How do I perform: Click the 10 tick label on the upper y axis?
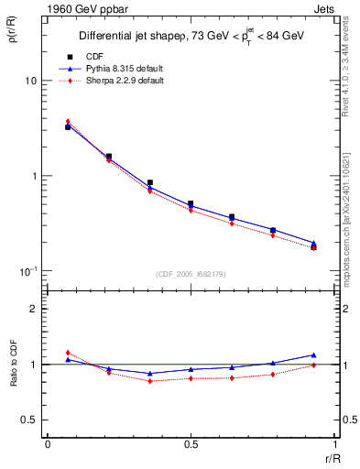tap(30, 81)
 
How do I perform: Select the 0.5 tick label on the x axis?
tap(190, 445)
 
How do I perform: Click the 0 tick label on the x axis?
tap(47, 445)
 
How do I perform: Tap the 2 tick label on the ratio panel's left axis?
tap(34, 309)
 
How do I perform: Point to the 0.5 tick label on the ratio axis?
tap(29, 420)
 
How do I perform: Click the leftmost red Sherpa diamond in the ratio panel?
tap(68, 353)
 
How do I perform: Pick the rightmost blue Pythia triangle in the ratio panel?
tap(314, 354)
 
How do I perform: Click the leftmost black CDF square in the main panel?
tap(68, 127)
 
